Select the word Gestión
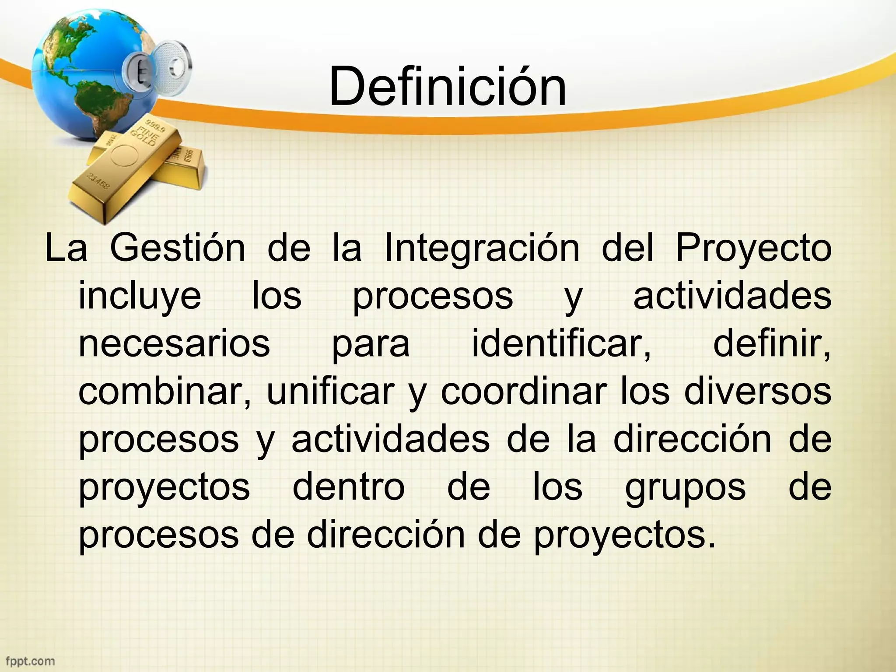pos(177,248)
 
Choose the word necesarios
pos(174,344)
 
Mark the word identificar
pos(561,344)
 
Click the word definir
pos(772,344)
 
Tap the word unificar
pos(330,391)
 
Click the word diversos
pos(757,391)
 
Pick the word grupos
pos(685,488)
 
